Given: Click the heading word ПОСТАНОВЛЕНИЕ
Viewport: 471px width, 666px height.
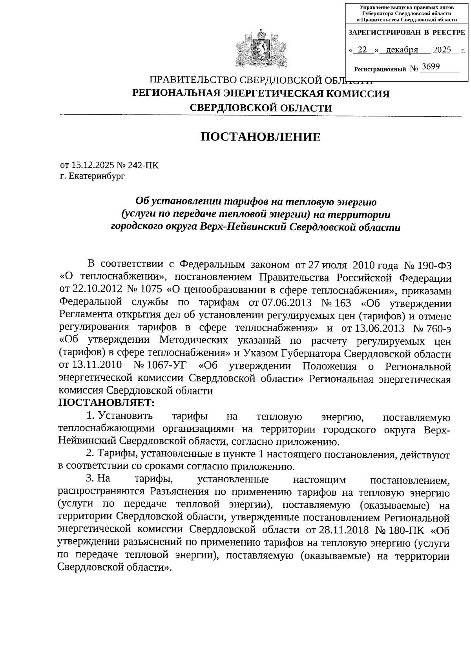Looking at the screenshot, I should point(261,137).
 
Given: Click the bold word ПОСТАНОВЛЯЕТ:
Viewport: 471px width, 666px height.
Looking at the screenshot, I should point(107,403).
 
